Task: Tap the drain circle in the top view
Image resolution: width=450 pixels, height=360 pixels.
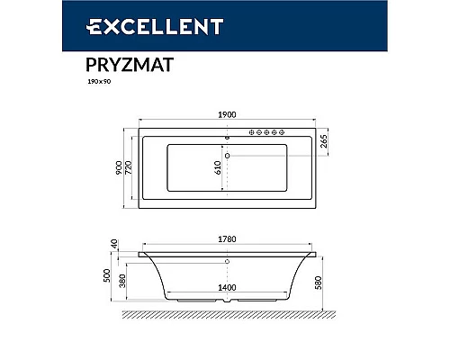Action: [226, 157]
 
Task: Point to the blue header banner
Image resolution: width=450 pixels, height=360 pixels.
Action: [225, 27]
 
